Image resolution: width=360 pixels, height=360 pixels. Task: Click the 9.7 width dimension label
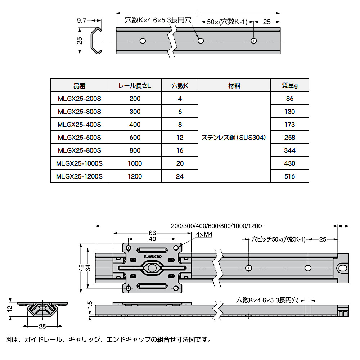(81, 21)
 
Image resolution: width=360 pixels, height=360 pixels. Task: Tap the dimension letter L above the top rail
(198, 14)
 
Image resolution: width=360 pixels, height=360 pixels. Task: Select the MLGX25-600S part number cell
(80, 137)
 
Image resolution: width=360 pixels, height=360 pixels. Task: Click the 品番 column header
(80, 86)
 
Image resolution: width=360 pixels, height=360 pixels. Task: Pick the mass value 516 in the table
(289, 176)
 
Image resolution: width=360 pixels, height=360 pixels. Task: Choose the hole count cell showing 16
(180, 150)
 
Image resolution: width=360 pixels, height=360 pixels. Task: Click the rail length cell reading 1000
(135, 163)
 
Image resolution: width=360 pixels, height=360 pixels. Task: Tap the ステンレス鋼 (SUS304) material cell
(234, 137)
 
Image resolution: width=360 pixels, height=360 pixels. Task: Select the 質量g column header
(289, 86)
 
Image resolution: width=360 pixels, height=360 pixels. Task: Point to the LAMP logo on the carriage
(153, 256)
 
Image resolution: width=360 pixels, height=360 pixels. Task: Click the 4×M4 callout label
(204, 234)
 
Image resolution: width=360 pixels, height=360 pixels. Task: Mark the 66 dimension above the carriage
(152, 233)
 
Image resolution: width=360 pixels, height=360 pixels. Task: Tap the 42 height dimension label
(81, 268)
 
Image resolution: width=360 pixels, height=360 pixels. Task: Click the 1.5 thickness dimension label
(90, 305)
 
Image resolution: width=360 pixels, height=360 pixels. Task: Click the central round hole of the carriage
(152, 268)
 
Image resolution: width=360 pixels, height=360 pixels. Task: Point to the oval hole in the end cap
(343, 268)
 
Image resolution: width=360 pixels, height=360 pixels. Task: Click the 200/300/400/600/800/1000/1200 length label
(216, 226)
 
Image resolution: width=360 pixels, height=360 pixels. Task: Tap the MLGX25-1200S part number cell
(80, 176)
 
